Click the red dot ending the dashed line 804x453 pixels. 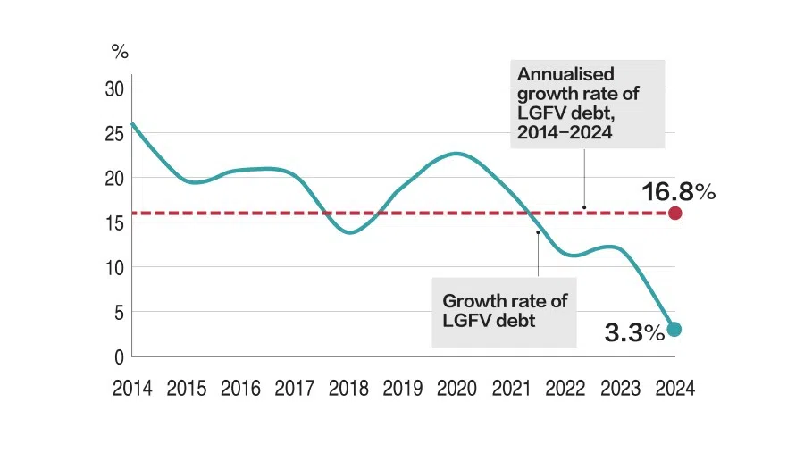pos(675,213)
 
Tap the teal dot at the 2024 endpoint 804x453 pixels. pos(675,329)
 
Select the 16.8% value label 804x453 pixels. pos(678,191)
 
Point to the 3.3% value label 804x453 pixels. pos(634,333)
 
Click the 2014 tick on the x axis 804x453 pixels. pos(132,389)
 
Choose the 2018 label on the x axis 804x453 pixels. pos(348,389)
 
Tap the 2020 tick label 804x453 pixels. pos(457,389)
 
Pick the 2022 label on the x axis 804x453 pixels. pos(565,389)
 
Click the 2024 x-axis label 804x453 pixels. pos(674,389)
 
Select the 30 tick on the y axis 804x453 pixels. pos(113,88)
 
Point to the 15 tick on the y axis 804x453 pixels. pos(113,222)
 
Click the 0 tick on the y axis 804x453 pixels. pos(119,357)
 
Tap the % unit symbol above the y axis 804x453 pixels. pos(120,51)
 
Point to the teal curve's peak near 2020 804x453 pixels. pos(456,154)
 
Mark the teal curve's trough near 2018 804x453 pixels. pos(349,233)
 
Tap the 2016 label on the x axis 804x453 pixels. pos(240,389)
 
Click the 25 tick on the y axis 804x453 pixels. pos(113,133)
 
